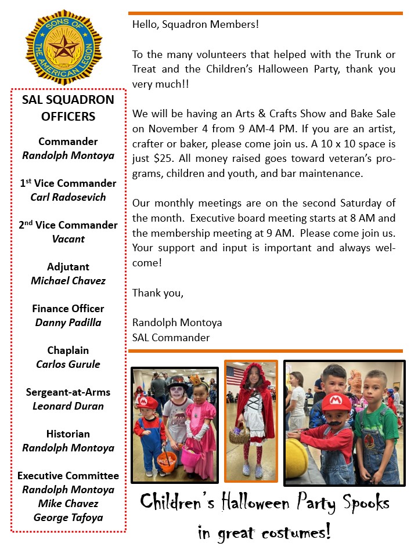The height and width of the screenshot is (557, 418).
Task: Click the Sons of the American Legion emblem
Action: point(64,47)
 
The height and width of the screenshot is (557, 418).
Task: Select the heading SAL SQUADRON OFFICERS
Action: point(68,108)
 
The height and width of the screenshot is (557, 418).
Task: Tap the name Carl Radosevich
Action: point(68,197)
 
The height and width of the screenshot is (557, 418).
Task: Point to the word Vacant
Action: point(68,239)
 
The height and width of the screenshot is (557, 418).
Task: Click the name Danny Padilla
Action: point(68,323)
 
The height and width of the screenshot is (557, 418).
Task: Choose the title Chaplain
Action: point(68,350)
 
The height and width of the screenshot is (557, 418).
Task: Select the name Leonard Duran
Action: point(68,406)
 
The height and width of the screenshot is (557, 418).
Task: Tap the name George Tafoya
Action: point(68,518)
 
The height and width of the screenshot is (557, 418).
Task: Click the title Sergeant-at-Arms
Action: point(68,392)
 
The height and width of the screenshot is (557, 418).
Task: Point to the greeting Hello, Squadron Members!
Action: point(195,24)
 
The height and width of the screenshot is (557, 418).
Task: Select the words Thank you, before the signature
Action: point(158,293)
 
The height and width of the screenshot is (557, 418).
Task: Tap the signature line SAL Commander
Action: point(171,337)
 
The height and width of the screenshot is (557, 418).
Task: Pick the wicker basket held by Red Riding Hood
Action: point(239,435)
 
